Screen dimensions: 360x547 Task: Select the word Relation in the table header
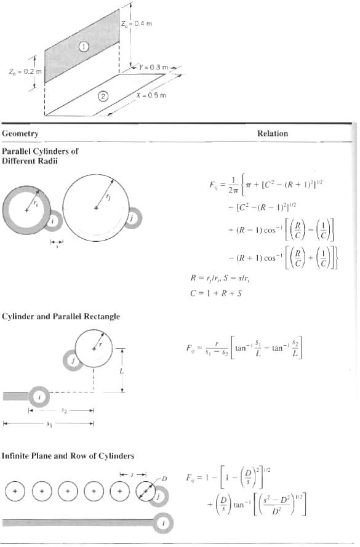pyautogui.click(x=273, y=133)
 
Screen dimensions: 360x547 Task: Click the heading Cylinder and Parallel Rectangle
pyautogui.click(x=60, y=316)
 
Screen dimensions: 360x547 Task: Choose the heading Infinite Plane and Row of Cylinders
pyautogui.click(x=68, y=456)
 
